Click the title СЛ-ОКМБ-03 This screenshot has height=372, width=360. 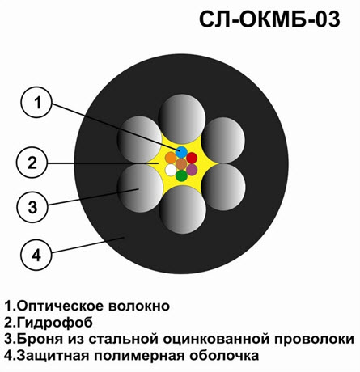pyautogui.click(x=269, y=19)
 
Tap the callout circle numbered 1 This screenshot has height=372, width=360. pyautogui.click(x=36, y=102)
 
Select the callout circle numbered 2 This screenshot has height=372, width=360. pyautogui.click(x=32, y=163)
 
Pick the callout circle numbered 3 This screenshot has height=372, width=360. pyautogui.click(x=32, y=207)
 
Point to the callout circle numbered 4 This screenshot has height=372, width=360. pyautogui.click(x=36, y=255)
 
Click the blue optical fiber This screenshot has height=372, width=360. pyautogui.click(x=181, y=152)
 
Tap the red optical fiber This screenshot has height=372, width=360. pyautogui.click(x=192, y=158)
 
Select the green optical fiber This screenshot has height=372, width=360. pyautogui.click(x=181, y=175)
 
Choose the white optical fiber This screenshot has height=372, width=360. pyautogui.click(x=171, y=170)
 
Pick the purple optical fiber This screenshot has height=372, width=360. pyautogui.click(x=192, y=170)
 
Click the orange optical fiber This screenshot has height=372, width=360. pyautogui.click(x=171, y=158)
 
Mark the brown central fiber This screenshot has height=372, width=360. pyautogui.click(x=181, y=164)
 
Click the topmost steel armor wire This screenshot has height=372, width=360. pyautogui.click(x=182, y=119)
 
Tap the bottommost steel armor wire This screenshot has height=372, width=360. pyautogui.click(x=183, y=209)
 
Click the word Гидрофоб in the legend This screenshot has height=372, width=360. pyautogui.click(x=55, y=323)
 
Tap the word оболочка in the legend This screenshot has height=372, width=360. pyautogui.click(x=224, y=356)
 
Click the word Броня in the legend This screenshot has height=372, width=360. pyautogui.click(x=40, y=339)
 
